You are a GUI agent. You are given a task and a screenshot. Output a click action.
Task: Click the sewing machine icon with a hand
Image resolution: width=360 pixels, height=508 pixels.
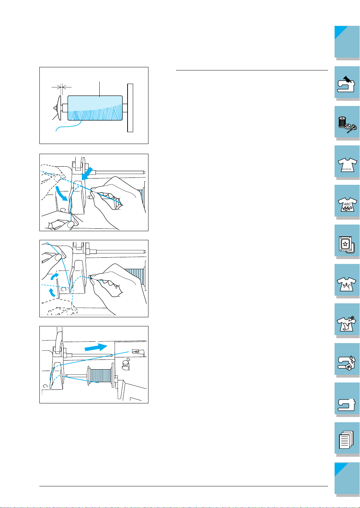[x=346, y=84]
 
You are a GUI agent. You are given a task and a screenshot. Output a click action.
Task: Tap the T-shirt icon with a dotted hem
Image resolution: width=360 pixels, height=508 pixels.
[x=347, y=165]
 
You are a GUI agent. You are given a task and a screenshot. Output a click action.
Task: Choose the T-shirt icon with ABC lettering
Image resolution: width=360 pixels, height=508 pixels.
[x=347, y=204]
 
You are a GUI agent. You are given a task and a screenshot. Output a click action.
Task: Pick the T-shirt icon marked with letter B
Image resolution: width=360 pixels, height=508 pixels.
[x=346, y=284]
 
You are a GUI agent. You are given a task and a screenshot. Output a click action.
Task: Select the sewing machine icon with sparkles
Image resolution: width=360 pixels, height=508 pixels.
[x=346, y=363]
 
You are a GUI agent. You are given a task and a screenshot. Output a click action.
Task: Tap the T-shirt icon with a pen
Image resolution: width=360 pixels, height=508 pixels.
[x=346, y=324]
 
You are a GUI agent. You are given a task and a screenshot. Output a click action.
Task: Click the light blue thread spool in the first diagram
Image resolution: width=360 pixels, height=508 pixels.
[x=95, y=108]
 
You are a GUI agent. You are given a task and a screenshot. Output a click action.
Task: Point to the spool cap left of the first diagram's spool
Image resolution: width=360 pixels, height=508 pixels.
[x=58, y=108]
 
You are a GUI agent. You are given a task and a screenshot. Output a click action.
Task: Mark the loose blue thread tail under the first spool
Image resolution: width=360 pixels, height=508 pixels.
[x=68, y=126]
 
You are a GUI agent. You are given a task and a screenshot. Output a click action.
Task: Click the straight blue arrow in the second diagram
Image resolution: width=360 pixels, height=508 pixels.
[x=87, y=174]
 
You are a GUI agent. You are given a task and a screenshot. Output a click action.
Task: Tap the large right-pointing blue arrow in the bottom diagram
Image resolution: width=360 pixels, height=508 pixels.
[x=96, y=347]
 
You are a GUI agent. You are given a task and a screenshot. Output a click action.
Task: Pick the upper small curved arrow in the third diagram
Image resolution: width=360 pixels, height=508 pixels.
[x=54, y=276]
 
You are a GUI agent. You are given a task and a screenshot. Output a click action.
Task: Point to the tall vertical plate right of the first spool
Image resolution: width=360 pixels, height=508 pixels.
[x=130, y=108]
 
